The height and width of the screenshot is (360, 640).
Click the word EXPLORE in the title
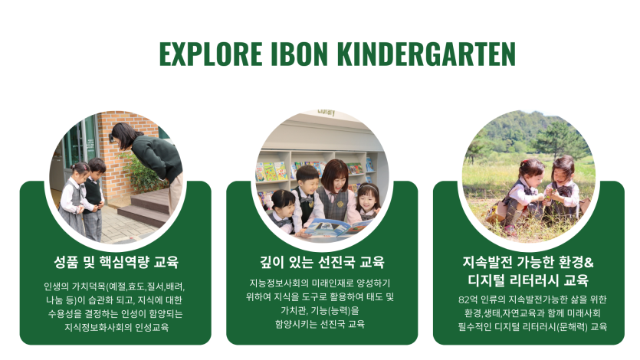point(211,54)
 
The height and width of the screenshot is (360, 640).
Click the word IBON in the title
point(300,54)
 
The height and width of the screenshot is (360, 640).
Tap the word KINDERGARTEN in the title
point(426,54)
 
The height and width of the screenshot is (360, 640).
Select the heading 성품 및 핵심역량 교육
point(117,262)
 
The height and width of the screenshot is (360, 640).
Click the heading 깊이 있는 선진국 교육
point(322,262)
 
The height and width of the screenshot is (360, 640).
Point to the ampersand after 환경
point(589,262)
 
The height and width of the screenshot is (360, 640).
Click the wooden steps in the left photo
point(147,207)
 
